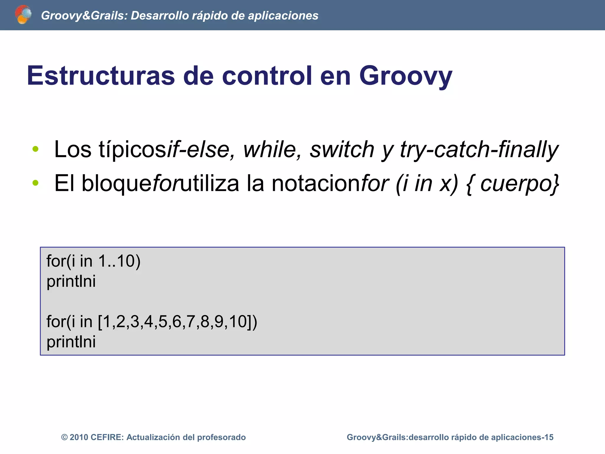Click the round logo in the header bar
(23, 14)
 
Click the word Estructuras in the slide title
(101, 76)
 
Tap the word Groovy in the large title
(405, 76)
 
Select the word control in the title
(267, 76)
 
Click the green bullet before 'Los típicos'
(35, 149)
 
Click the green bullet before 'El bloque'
(35, 183)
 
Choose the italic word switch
(342, 149)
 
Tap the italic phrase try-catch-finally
(479, 149)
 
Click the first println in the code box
(71, 281)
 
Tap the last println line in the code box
(71, 342)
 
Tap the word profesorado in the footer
(221, 437)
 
